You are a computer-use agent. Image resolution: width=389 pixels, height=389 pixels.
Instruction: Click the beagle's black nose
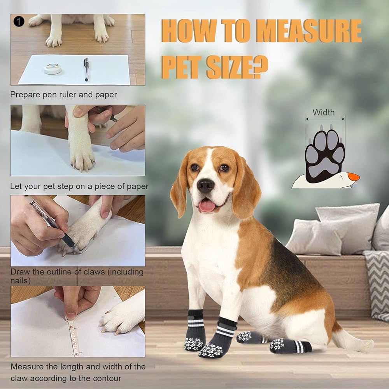click(206, 186)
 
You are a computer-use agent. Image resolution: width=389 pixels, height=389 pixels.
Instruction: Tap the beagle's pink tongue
click(207, 206)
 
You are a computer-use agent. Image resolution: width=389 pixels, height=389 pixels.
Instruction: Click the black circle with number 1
click(19, 21)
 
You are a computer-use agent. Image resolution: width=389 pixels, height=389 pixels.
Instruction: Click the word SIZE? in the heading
click(237, 67)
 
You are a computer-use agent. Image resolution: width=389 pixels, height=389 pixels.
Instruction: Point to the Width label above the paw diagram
click(323, 112)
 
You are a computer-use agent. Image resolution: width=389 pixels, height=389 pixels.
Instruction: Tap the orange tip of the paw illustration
click(354, 177)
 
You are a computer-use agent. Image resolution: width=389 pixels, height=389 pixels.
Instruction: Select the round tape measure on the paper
click(53, 68)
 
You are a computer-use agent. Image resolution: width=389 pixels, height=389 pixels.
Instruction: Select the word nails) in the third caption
click(20, 281)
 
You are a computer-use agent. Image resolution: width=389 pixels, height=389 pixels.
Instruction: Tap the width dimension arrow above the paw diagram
click(325, 119)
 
